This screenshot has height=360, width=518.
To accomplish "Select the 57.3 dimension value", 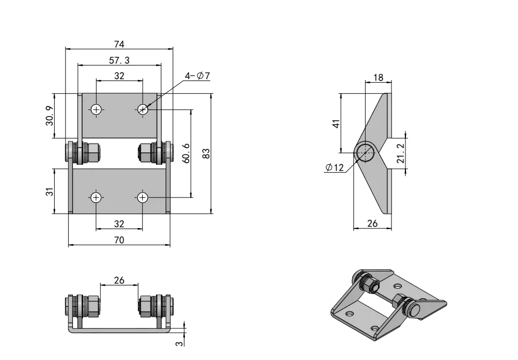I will click(x=119, y=61).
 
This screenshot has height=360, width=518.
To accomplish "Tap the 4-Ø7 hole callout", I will click(x=197, y=76).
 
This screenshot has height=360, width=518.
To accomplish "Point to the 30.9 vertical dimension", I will click(x=49, y=116).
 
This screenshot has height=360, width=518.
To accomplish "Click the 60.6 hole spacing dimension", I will click(x=186, y=153).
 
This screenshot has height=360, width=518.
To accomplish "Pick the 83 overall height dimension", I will click(x=205, y=153).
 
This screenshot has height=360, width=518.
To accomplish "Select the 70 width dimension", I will click(x=119, y=240).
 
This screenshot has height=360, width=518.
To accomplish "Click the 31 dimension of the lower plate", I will click(x=49, y=191).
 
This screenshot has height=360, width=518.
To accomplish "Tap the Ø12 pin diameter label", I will click(x=335, y=168).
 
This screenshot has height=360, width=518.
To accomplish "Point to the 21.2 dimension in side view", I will click(x=400, y=153).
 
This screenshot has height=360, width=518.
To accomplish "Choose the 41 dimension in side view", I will click(x=336, y=123).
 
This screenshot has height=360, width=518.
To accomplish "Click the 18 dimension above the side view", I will click(x=378, y=78).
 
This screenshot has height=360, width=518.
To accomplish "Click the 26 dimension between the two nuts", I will click(x=119, y=280).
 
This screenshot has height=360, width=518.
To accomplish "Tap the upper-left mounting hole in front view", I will click(x=97, y=109).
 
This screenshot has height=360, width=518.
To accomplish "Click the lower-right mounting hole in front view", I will click(x=142, y=197).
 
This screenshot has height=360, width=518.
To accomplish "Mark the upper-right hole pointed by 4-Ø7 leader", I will click(x=142, y=109).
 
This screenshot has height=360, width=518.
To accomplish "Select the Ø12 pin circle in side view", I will click(x=365, y=152).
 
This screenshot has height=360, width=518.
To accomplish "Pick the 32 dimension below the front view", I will click(x=119, y=224).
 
